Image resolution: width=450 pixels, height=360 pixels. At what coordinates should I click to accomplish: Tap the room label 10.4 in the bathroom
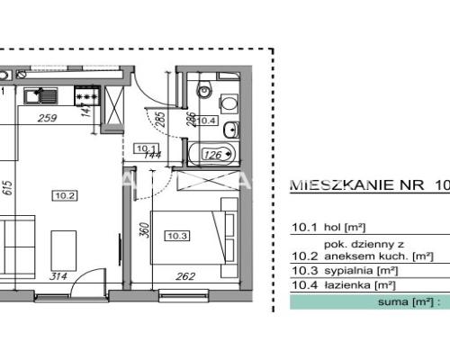click(x=207, y=120)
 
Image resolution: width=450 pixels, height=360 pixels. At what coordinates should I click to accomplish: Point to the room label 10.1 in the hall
click(x=145, y=148)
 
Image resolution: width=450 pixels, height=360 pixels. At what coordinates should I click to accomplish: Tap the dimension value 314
click(x=60, y=276)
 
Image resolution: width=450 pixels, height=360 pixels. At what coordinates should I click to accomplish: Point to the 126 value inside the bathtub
click(x=213, y=154)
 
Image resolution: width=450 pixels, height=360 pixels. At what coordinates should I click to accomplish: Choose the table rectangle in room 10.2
click(x=62, y=244)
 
